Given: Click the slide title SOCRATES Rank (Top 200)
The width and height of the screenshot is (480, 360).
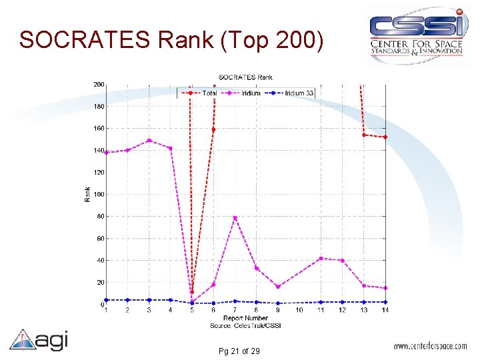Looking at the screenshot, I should [x=172, y=40].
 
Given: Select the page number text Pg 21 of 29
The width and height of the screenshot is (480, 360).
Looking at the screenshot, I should [x=239, y=351].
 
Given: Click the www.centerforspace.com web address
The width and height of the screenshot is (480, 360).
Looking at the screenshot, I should [x=431, y=347].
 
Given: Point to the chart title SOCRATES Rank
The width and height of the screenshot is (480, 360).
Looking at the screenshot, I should [x=245, y=78].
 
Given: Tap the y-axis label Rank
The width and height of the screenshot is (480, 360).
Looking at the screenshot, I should [x=87, y=194].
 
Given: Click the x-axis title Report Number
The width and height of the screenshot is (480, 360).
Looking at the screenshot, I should [x=245, y=318].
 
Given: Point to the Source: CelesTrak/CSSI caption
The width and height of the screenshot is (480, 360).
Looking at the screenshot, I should [x=245, y=325].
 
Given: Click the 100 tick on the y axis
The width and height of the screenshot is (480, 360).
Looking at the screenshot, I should [x=99, y=194].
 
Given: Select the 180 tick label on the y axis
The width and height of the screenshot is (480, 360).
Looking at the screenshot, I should [x=99, y=106].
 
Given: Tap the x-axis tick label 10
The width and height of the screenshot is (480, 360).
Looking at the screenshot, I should [x=299, y=310].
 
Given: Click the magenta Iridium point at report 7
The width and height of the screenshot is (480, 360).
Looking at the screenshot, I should [x=235, y=218].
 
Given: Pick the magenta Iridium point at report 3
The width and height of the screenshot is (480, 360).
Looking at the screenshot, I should [x=149, y=141].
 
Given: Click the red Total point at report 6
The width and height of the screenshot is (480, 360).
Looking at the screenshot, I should [x=213, y=129].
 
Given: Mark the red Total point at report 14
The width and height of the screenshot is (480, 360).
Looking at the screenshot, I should [x=385, y=137].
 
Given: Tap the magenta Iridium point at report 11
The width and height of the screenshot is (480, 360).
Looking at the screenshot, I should [x=321, y=259].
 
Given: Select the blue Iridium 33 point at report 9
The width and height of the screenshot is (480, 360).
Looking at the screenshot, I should [x=278, y=303].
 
